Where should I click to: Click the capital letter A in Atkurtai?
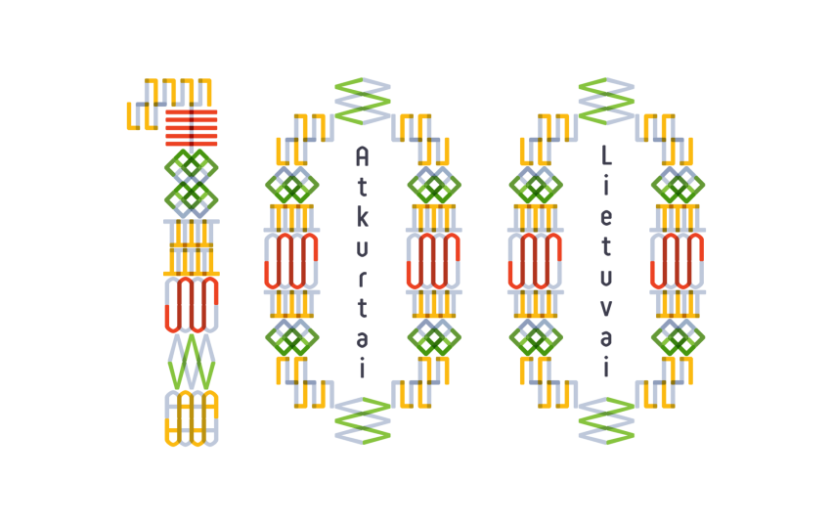pyautogui.click(x=362, y=156)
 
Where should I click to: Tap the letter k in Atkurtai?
pyautogui.click(x=362, y=217)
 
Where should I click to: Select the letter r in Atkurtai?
pyautogui.click(x=362, y=279)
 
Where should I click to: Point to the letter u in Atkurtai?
pyautogui.click(x=362, y=248)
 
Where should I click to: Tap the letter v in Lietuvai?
pyautogui.click(x=606, y=309)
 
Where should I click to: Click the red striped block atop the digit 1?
pyautogui.click(x=192, y=128)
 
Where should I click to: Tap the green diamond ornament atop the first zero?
pyautogui.click(x=363, y=101)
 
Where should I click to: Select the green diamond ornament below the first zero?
pyautogui.click(x=363, y=421)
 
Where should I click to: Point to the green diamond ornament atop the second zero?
pyautogui.click(x=606, y=101)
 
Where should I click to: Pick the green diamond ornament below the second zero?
pyautogui.click(x=606, y=421)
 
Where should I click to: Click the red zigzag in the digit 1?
pyautogui.click(x=192, y=304)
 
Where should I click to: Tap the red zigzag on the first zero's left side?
pyautogui.click(x=291, y=261)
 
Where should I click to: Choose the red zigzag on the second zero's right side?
pyautogui.click(x=677, y=261)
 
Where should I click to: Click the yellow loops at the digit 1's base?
pyautogui.click(x=192, y=418)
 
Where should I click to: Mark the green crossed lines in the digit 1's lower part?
pyautogui.click(x=192, y=361)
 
